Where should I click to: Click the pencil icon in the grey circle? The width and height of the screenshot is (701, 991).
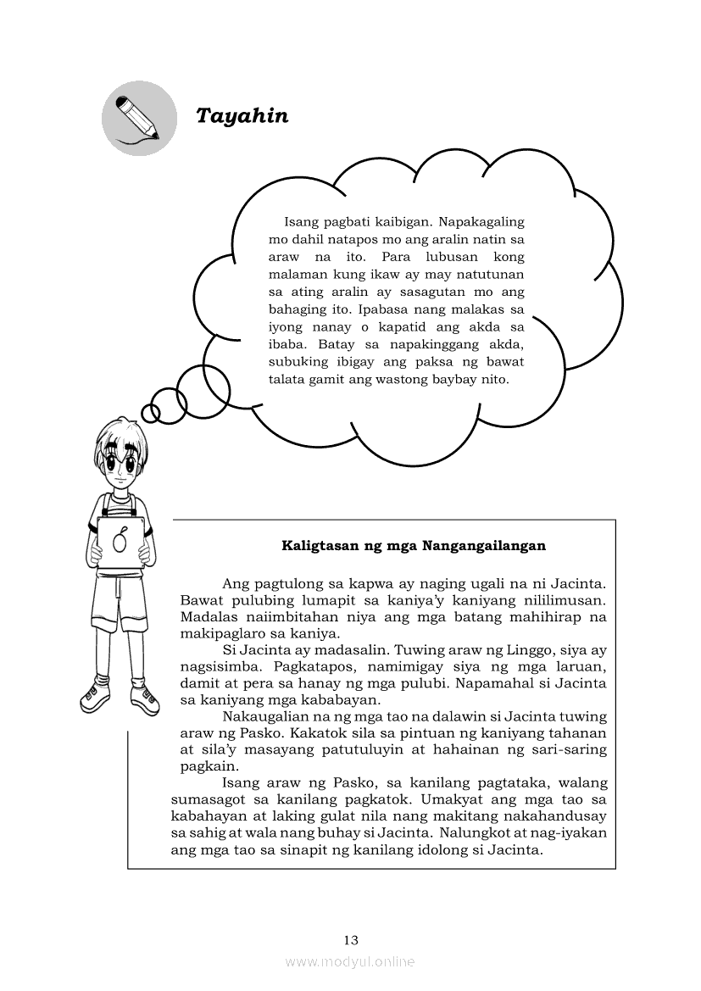pos(139,119)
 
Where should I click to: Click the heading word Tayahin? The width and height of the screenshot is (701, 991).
pos(242,116)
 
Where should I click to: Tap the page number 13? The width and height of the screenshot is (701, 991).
pos(351,939)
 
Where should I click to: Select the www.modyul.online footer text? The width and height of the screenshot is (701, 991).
pos(350,961)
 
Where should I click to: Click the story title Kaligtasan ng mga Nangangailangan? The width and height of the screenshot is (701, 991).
pos(414,546)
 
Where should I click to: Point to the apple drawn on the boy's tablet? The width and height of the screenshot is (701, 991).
pos(121,539)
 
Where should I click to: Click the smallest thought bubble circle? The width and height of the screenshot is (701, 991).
pos(151,413)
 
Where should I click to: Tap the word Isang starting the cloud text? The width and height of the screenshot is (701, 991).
pos(303,222)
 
